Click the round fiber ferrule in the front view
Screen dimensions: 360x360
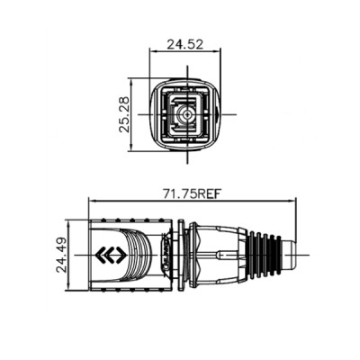pos(186,114)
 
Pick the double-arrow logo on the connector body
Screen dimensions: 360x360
pos(112,255)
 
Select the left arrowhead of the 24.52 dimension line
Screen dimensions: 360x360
pos(153,52)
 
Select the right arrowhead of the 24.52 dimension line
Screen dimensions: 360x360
pos(218,52)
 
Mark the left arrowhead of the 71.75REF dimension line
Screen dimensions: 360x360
pos(94,202)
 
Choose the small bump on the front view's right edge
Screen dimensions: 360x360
pos(220,114)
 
